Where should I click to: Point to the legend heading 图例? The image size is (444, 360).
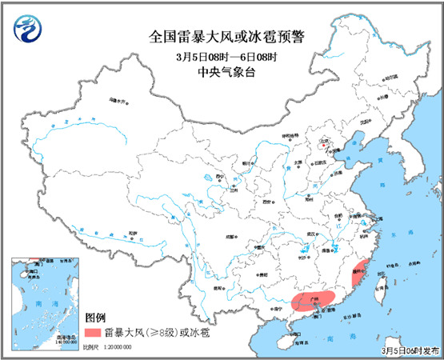(97, 317)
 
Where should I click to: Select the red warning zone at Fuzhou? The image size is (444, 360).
(360, 272)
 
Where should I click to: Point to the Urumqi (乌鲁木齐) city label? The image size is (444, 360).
(118, 102)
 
